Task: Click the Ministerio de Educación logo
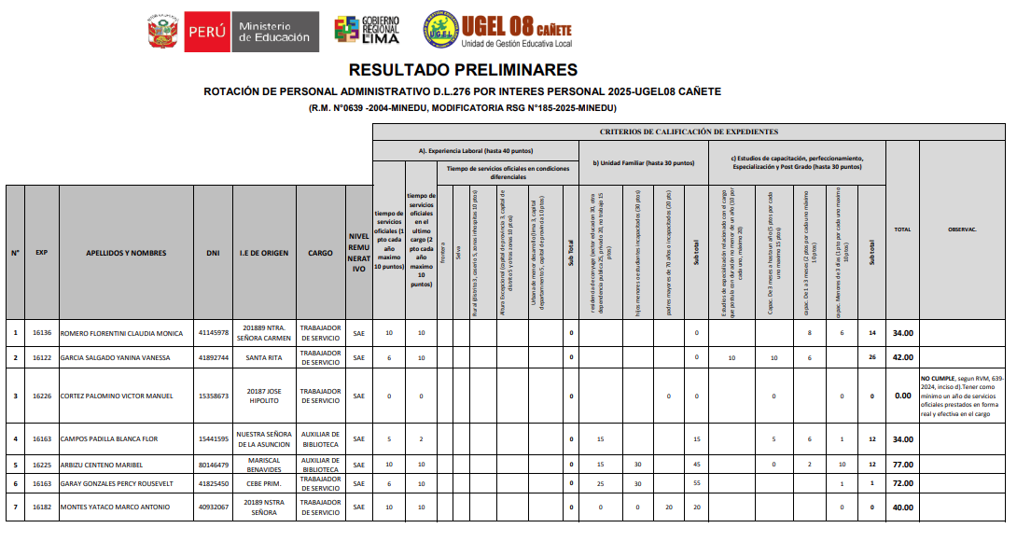click(232, 31)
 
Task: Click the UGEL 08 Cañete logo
click(496, 30)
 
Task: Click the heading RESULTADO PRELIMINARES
click(463, 70)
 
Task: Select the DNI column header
click(214, 253)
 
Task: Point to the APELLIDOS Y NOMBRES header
click(126, 253)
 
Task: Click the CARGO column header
click(320, 253)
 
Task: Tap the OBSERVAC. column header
click(962, 229)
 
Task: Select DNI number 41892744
click(214, 357)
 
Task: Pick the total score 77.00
click(902, 464)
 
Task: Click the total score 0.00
click(902, 396)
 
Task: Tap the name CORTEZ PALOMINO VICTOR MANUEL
click(117, 396)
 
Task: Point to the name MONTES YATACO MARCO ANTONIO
click(115, 507)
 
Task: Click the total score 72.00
click(902, 485)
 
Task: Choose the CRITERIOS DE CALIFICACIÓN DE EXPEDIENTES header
click(689, 132)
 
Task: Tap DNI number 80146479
click(214, 464)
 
